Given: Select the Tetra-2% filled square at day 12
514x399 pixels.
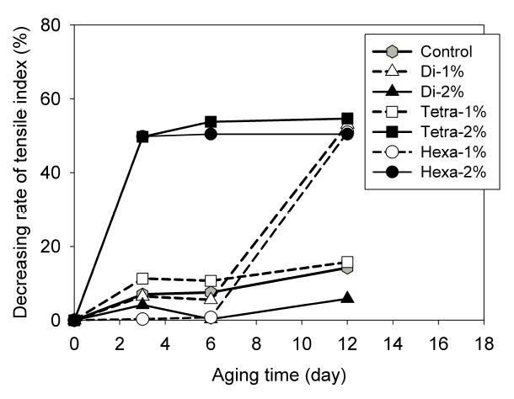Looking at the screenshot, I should tap(347, 119).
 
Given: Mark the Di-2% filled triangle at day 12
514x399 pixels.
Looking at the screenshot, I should tap(347, 298).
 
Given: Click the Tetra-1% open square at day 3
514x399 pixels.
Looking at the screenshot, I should tap(142, 279).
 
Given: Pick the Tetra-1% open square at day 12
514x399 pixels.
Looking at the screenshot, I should tap(347, 262).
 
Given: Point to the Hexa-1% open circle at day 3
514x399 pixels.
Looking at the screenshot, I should tap(142, 319).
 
